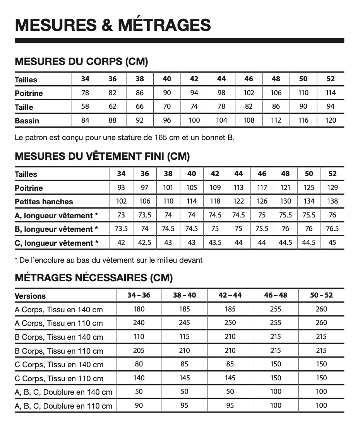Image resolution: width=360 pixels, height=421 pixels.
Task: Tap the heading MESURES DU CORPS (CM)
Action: [81, 62]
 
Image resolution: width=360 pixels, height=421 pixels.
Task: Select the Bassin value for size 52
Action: [331, 120]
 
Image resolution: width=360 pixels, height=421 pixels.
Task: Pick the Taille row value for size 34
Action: [85, 106]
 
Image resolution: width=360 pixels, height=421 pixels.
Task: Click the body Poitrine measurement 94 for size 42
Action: [194, 93]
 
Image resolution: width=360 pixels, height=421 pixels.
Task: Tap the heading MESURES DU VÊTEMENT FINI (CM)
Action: [102, 156]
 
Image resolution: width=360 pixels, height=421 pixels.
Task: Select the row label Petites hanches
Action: [44, 202]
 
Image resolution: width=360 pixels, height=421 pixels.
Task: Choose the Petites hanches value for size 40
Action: [192, 201]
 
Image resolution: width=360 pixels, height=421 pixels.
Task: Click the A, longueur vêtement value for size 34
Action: [121, 215]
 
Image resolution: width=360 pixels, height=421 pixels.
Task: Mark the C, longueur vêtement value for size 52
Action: [332, 243]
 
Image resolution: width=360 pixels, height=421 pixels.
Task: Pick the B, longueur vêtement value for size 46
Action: [262, 229]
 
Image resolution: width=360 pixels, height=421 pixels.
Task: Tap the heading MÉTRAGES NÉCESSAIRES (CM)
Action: [94, 278]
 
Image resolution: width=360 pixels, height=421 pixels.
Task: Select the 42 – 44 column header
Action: [230, 295]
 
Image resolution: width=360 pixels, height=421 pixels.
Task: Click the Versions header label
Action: [30, 296]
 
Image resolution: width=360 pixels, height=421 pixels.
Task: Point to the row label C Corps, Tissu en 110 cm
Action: [59, 378]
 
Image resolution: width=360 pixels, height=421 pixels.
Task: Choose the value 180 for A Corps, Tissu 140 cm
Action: [139, 309]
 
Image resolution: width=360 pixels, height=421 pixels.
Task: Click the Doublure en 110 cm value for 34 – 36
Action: [139, 406]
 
